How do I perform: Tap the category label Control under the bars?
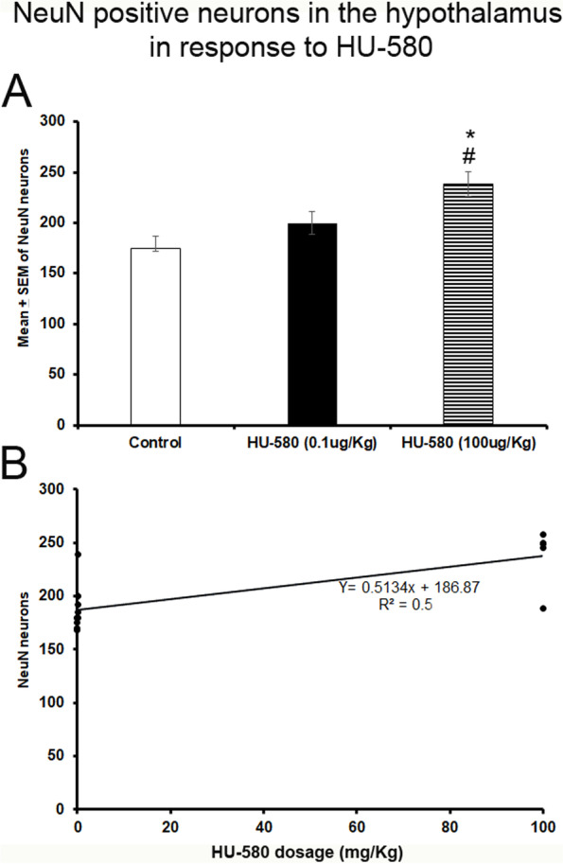155,442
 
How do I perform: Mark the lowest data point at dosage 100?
543,608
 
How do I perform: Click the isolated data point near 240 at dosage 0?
78,555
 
